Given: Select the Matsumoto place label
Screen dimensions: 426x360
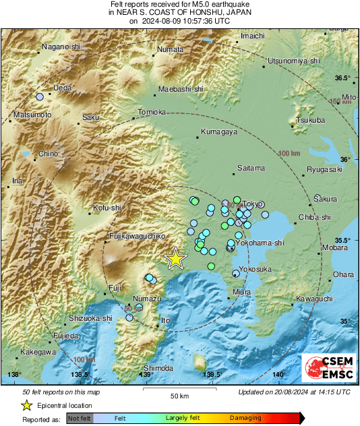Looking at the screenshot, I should (32, 115).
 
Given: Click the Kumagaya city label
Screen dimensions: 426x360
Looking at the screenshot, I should (219, 132).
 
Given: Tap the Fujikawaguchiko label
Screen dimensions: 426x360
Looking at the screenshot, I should (138, 237).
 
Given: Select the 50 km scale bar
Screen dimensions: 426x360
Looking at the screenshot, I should (178, 389).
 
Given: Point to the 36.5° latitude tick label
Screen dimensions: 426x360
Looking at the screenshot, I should (343, 78).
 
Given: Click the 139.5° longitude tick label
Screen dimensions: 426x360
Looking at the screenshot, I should (212, 374).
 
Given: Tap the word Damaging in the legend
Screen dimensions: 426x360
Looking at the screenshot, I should (246, 418).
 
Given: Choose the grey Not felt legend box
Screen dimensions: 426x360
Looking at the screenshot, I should (79, 418).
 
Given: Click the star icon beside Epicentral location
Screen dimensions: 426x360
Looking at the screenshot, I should (26, 405).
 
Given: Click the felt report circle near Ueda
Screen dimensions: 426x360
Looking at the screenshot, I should (40, 97).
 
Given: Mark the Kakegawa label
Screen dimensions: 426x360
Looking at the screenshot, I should (38, 352).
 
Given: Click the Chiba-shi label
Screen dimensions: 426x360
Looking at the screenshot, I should (316, 217).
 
